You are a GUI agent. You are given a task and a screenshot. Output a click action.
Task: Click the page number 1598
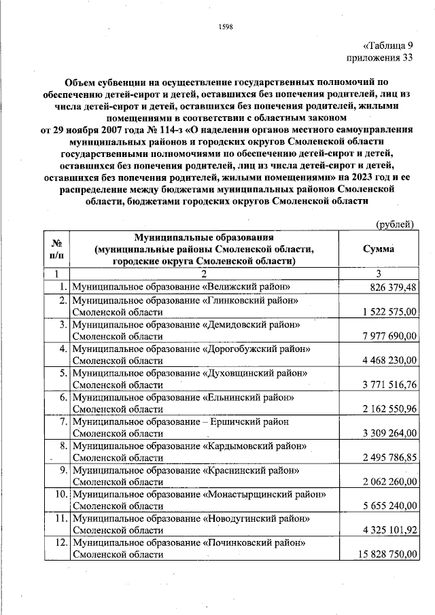226,27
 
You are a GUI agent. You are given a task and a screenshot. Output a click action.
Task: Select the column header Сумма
379,249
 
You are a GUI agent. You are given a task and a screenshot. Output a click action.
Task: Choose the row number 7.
62,421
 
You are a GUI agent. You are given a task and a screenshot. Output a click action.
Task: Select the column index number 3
379,274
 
